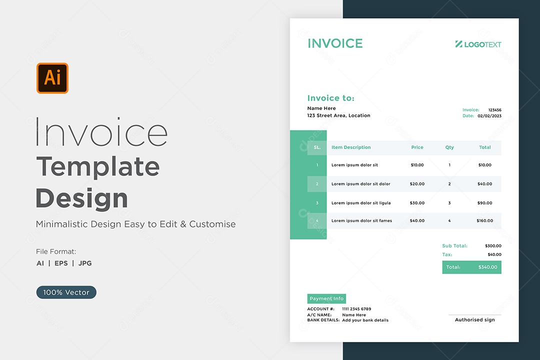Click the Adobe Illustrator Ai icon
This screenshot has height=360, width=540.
(x=52, y=78)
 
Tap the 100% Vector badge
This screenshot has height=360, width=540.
(x=66, y=292)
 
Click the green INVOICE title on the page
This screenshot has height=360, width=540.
(x=335, y=43)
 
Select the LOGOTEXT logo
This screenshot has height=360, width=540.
(x=478, y=44)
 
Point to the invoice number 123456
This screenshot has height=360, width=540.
(x=495, y=110)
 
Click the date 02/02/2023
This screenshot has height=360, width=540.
(x=489, y=116)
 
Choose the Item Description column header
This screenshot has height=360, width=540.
(x=351, y=147)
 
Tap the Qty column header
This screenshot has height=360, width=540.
(x=449, y=147)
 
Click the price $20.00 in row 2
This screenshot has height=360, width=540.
(x=417, y=184)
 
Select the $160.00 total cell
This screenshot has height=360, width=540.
(x=485, y=220)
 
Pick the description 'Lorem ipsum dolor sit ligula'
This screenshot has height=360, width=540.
(x=361, y=203)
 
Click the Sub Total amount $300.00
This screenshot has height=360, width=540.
(x=493, y=245)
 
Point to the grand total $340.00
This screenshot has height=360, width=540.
(x=487, y=267)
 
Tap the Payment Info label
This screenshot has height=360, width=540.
(x=326, y=298)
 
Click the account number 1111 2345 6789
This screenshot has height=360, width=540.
(x=356, y=308)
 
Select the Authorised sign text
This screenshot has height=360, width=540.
(x=475, y=319)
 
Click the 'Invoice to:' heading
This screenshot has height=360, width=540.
(x=331, y=98)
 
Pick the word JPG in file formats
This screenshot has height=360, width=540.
(x=85, y=263)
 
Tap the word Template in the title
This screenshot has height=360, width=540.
(x=98, y=166)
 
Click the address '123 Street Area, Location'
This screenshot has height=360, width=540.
(x=339, y=115)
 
